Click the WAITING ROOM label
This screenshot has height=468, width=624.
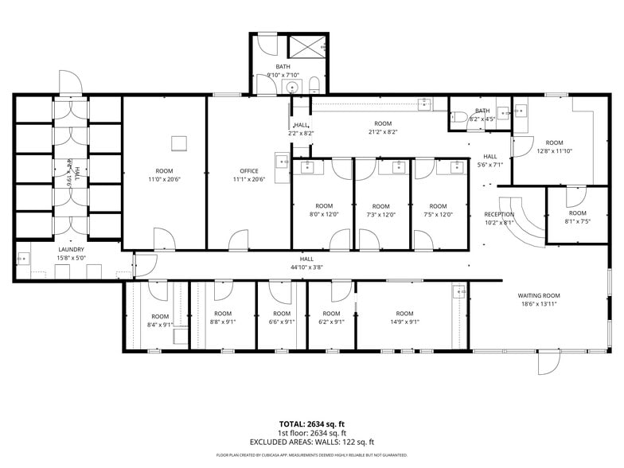tap(539, 295)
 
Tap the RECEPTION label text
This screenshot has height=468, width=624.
tap(499, 214)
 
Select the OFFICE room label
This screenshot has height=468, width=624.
tap(249, 171)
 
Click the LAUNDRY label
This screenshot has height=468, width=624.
tap(71, 249)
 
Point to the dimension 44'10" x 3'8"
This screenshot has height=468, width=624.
tap(306, 267)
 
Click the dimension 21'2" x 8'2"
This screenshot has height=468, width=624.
tap(383, 132)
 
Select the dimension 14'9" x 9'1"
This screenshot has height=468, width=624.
tap(404, 322)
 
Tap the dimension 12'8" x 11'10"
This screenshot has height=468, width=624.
tap(555, 150)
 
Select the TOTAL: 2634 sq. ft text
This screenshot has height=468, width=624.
tap(312, 424)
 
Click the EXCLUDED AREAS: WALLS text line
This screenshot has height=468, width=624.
tap(312, 442)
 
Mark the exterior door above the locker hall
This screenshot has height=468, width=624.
tap(68, 83)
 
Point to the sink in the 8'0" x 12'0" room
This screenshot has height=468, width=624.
tap(308, 167)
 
